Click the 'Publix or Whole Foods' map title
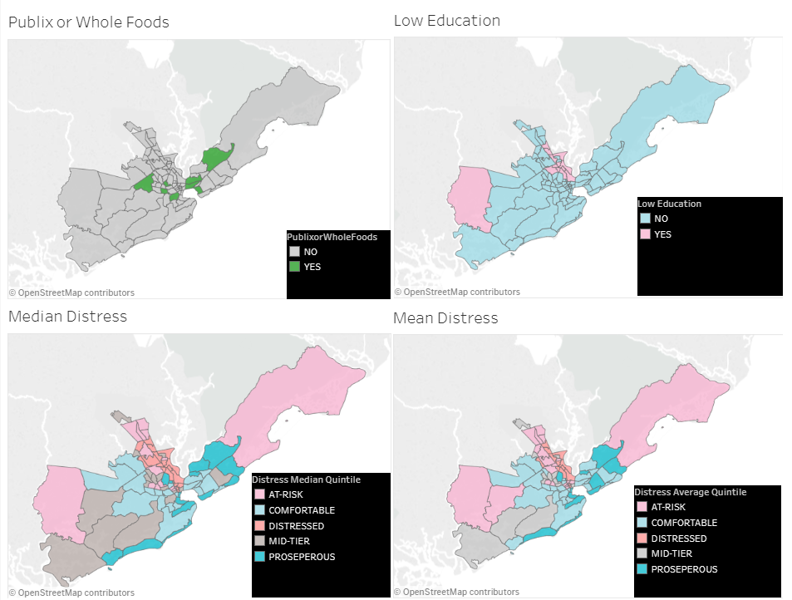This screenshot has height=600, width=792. pyautogui.click(x=88, y=22)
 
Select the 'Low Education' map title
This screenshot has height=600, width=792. pyautogui.click(x=446, y=21)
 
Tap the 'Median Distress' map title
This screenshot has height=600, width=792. pyautogui.click(x=67, y=316)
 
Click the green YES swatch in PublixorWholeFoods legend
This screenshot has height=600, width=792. pyautogui.click(x=293, y=267)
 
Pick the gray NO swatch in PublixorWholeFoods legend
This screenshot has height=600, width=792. pyautogui.click(x=293, y=251)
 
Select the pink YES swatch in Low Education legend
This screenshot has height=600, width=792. pyautogui.click(x=644, y=234)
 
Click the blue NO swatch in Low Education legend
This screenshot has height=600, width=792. pyautogui.click(x=644, y=219)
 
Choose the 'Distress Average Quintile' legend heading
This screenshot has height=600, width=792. pyautogui.click(x=691, y=492)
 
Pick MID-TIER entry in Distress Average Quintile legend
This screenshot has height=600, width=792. pyautogui.click(x=671, y=553)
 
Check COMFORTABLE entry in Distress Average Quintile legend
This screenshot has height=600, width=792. pyautogui.click(x=683, y=523)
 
